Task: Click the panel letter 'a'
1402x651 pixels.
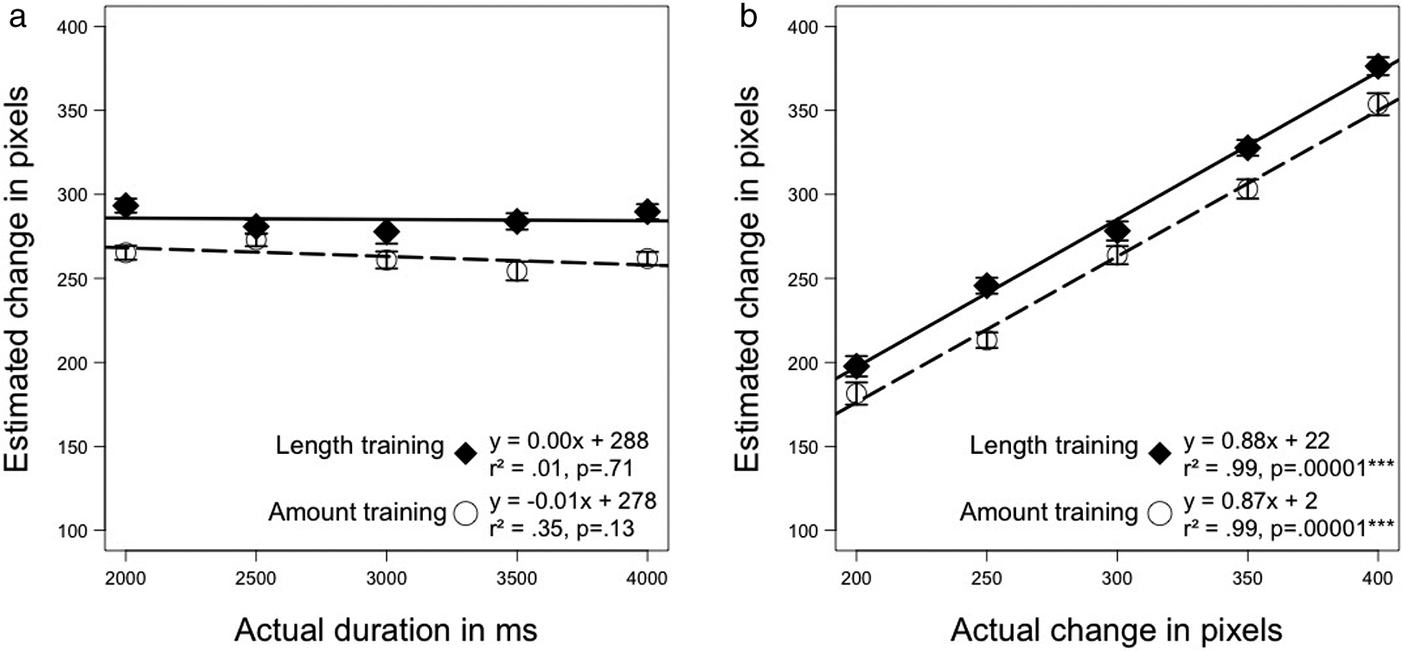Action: (17, 18)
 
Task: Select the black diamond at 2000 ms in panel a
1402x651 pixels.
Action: (125, 205)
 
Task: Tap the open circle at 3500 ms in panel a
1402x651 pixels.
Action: (516, 271)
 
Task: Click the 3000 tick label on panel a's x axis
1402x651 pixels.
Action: (386, 578)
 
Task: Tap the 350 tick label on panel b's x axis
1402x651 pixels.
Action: (1247, 578)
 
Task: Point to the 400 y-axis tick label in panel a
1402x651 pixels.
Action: (72, 27)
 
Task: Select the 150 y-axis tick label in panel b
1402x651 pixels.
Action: (803, 447)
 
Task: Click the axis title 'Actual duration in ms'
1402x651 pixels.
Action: (386, 630)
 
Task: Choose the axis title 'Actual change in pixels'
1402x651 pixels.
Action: (1117, 630)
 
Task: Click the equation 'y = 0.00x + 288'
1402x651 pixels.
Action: (569, 441)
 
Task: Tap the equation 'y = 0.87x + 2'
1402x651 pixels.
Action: (1251, 501)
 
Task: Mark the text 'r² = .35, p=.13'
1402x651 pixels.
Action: (561, 529)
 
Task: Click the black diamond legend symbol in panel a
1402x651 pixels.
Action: (465, 453)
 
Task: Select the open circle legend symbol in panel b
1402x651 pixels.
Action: (1160, 514)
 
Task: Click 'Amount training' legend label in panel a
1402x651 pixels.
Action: (357, 512)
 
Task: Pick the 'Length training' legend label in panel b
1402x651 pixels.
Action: (1054, 446)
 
